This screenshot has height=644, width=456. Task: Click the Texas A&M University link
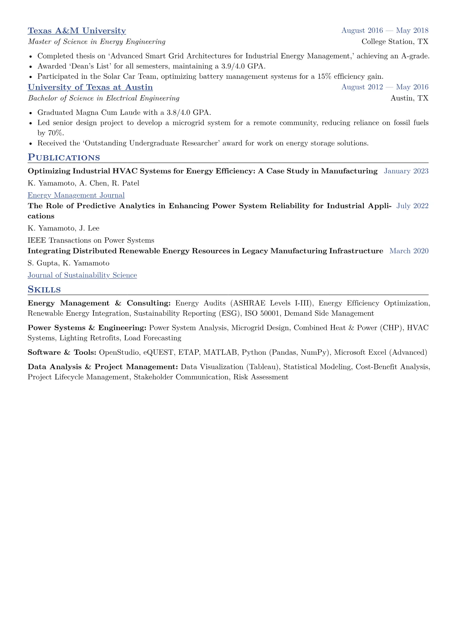pos(77,31)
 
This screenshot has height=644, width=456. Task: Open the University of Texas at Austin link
pos(90,87)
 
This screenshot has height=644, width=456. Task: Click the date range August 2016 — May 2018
pos(385,31)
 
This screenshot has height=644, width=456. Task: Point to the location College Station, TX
pos(395,41)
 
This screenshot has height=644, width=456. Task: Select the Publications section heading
pos(64,158)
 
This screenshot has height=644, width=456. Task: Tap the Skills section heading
pos(44,290)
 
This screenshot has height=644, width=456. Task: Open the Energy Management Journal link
pos(76,195)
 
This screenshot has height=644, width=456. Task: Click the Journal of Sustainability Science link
pos(82,275)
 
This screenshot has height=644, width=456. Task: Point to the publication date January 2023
pos(406,171)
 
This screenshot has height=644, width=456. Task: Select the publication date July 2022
pos(412,206)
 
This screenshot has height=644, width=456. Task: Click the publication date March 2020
pos(409,251)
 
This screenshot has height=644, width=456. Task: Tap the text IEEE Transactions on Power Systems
pos(91,240)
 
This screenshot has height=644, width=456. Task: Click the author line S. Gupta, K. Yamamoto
pos(68,263)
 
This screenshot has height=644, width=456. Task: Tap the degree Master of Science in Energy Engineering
pos(97,41)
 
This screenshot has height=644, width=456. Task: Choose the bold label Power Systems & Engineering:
pos(87,328)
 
